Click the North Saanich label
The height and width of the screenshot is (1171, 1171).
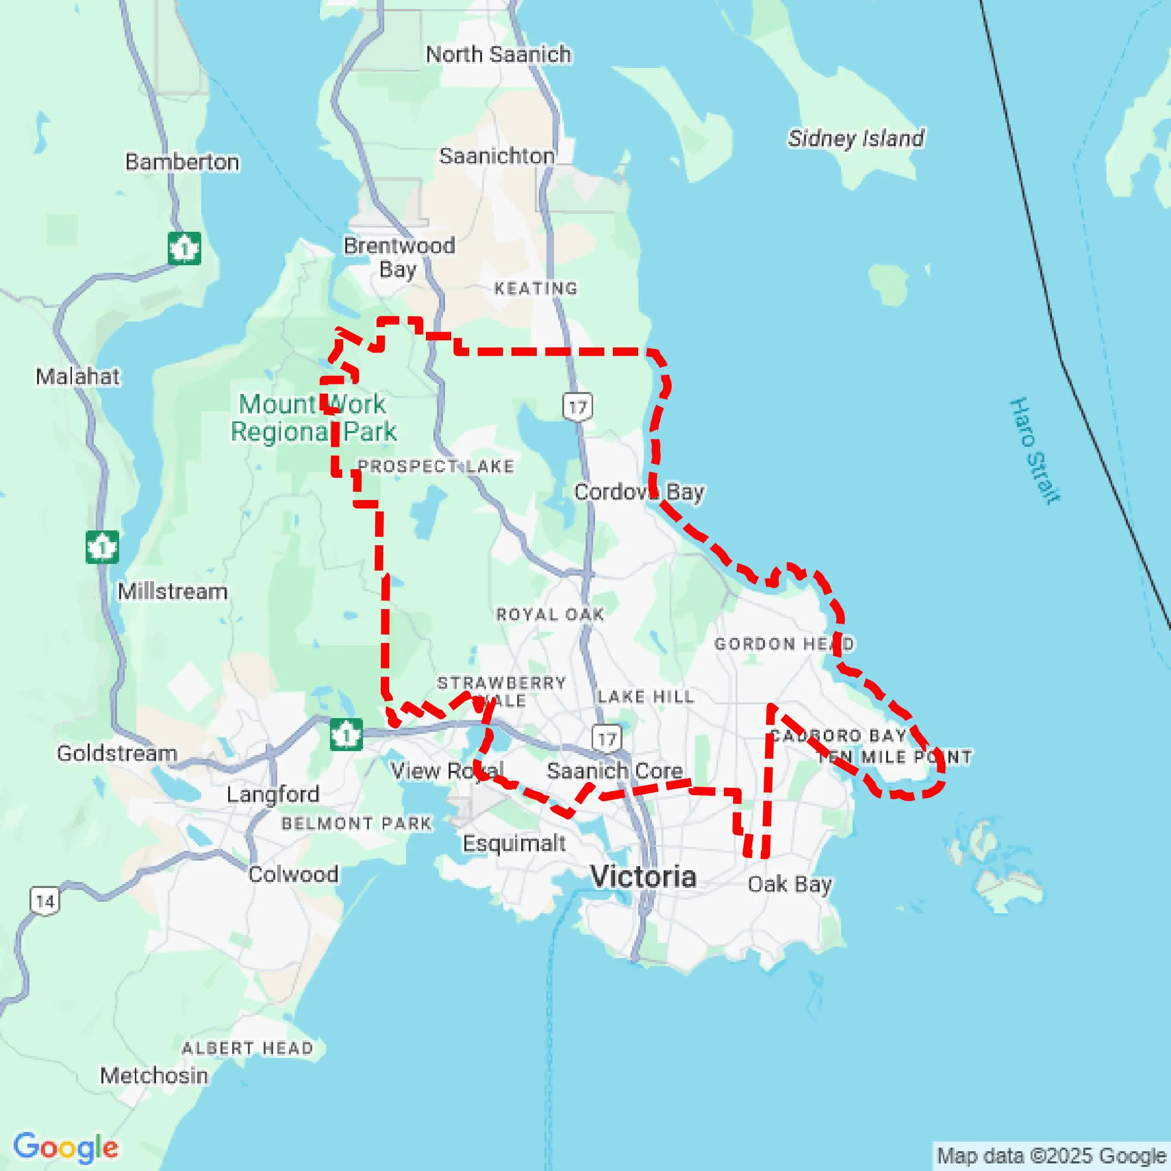tap(498, 55)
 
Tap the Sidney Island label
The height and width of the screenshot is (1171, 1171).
tap(856, 138)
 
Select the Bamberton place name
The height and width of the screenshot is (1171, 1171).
tap(182, 162)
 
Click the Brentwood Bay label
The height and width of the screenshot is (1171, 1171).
tap(399, 257)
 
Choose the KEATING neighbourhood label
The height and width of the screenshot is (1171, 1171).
tap(536, 288)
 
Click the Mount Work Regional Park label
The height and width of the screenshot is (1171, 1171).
tap(313, 418)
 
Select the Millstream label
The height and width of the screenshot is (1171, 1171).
tap(173, 591)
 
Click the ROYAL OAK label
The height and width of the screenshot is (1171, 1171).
tap(550, 614)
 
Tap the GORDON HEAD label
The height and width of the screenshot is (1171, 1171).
tap(784, 644)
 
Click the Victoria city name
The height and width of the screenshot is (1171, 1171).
tap(643, 876)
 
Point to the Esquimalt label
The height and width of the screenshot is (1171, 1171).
tap(514, 843)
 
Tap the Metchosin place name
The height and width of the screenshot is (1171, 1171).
tap(154, 1075)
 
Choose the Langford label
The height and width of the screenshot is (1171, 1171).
tap(273, 794)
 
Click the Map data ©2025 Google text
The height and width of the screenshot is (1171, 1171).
tap(1052, 1155)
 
